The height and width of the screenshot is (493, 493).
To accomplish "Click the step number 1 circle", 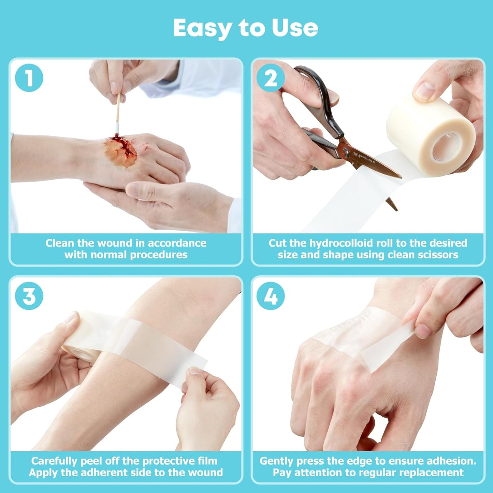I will (29, 78).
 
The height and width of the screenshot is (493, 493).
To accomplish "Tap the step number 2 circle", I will (271, 78).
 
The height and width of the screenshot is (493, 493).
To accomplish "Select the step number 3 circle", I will (29, 296).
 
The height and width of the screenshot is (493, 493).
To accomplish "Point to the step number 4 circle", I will (271, 296).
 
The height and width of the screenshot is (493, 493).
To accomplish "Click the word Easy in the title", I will (203, 28).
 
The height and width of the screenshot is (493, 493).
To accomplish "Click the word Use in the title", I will (295, 28).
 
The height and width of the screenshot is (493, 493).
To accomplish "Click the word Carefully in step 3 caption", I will (55, 461).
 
